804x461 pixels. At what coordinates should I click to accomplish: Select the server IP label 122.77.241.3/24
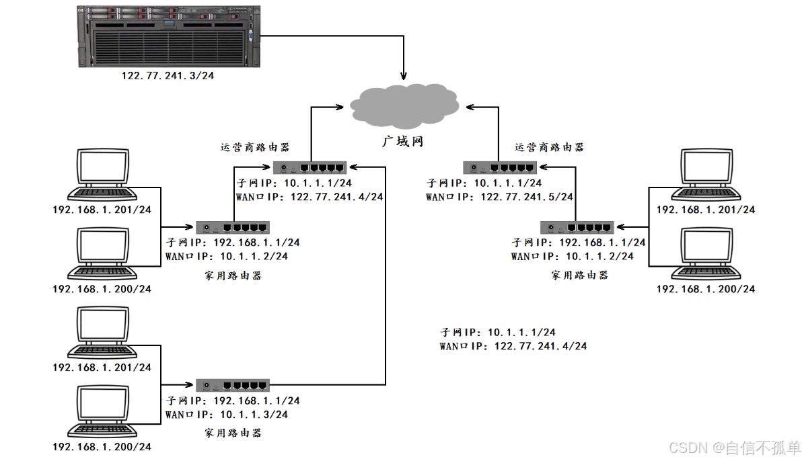click(x=168, y=76)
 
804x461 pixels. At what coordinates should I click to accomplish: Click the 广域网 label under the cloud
click(x=402, y=142)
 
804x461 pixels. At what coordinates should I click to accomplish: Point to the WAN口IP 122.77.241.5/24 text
click(x=499, y=197)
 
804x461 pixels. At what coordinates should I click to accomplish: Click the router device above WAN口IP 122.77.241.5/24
click(x=499, y=168)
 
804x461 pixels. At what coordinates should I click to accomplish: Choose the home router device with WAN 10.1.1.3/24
click(x=233, y=386)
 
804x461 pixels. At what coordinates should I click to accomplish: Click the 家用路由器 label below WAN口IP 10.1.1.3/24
click(x=233, y=433)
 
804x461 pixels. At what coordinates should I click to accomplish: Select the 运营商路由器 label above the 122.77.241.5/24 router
click(x=548, y=147)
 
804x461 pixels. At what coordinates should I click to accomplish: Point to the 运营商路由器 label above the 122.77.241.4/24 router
click(x=255, y=147)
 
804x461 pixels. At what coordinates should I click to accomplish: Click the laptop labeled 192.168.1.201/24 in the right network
click(x=706, y=175)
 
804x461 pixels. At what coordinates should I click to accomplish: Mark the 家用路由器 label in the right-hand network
click(x=579, y=275)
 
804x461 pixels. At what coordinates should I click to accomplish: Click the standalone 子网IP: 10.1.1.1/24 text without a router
click(x=498, y=332)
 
